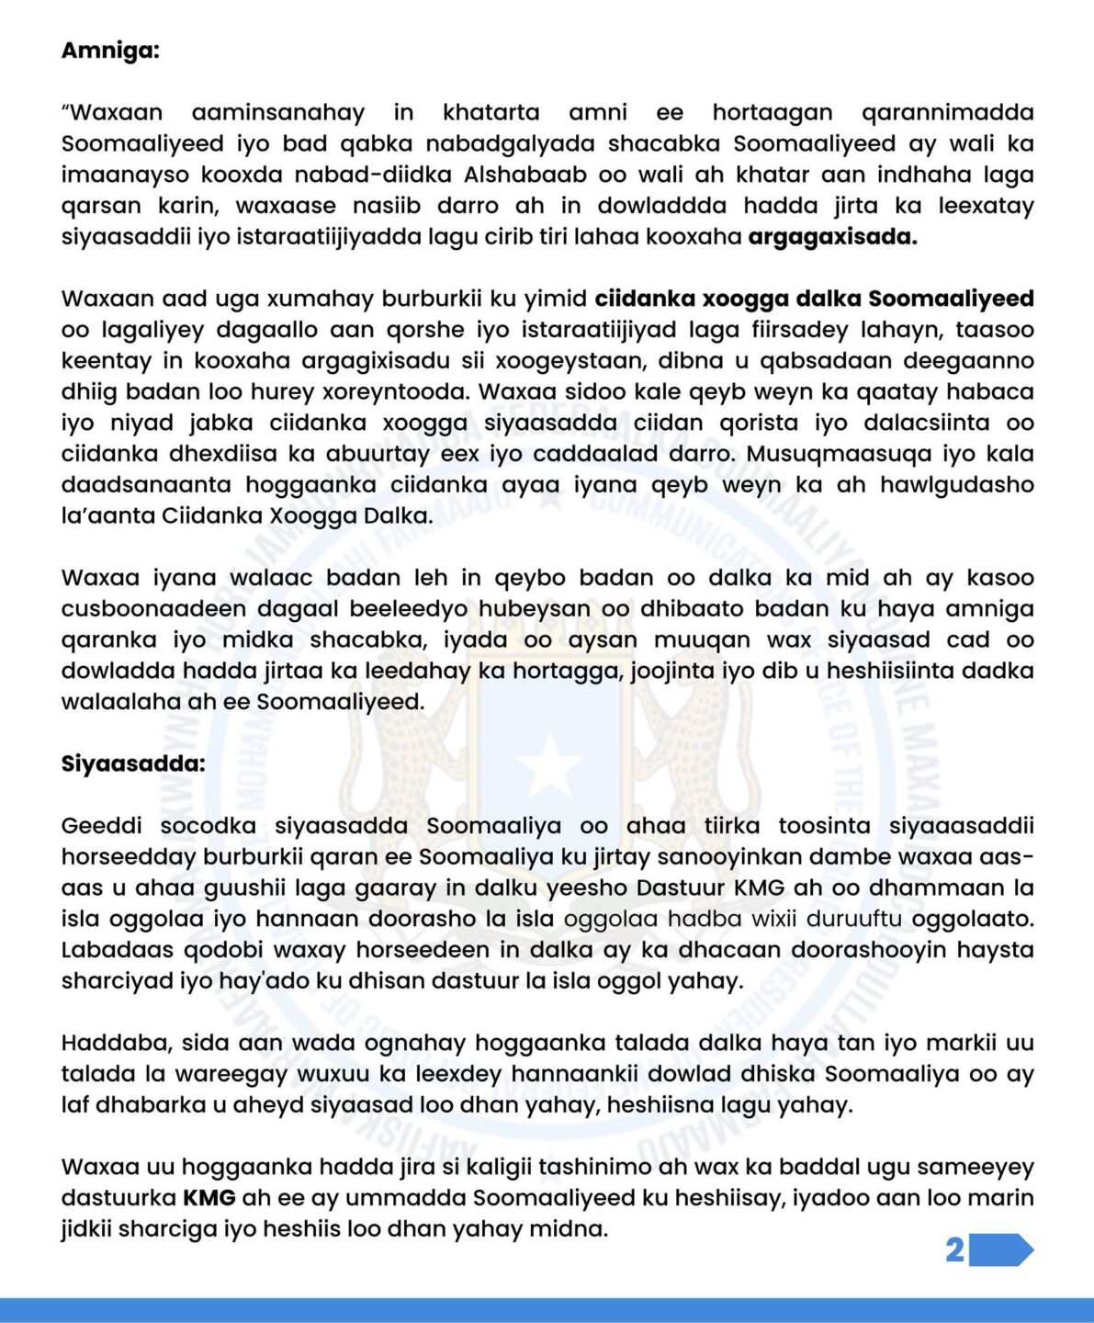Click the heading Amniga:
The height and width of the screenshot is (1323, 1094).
pyautogui.click(x=110, y=50)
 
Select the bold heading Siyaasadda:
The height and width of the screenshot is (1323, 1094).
pyautogui.click(x=133, y=763)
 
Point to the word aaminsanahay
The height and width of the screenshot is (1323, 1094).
pyautogui.click(x=278, y=112)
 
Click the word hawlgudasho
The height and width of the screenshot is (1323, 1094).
pyautogui.click(x=957, y=485)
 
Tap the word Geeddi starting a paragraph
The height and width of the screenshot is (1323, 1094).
pyautogui.click(x=100, y=826)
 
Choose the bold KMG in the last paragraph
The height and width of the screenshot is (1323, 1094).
pyautogui.click(x=209, y=1198)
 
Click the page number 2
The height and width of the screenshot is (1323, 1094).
pyautogui.click(x=954, y=1250)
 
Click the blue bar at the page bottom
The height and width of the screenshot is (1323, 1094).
pyautogui.click(x=547, y=1310)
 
